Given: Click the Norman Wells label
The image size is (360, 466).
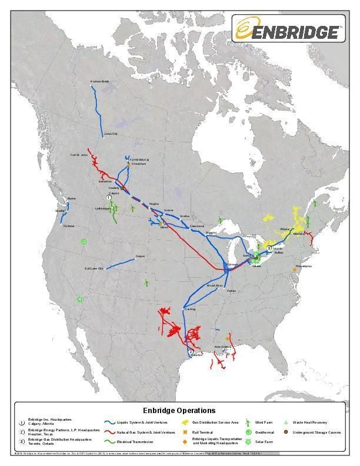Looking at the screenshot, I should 100,81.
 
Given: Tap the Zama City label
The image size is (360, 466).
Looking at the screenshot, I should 111,134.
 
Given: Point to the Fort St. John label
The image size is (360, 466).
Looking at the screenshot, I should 79,155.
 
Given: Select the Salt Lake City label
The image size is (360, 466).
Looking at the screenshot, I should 94,268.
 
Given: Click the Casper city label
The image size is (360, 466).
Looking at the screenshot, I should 140,256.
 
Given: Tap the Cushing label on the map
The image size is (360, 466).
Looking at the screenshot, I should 189,309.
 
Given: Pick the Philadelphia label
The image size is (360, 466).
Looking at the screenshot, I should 304,266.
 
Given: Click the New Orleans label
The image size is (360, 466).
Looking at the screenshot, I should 222,347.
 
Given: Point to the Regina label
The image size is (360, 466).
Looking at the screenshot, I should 155,204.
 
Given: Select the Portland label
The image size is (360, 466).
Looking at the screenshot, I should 68,226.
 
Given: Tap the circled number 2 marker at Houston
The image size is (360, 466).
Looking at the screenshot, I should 190,351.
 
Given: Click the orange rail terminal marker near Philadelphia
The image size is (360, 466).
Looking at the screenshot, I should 294,269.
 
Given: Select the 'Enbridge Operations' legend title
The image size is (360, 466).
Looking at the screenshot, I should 179,410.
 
